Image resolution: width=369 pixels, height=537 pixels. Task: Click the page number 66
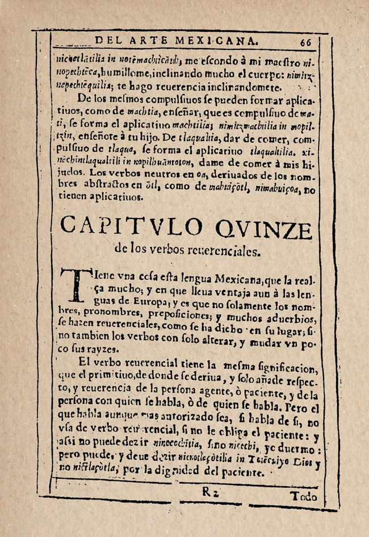pos(307,41)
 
